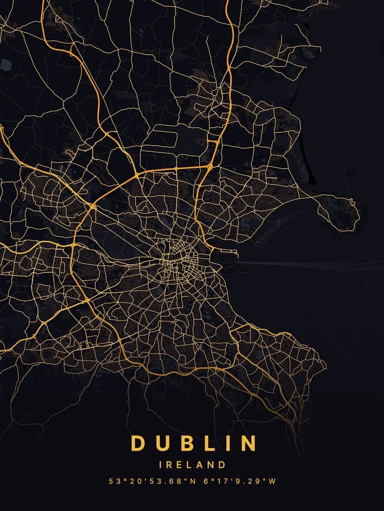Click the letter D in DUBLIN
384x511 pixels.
point(138,443)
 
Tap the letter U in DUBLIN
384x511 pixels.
point(163,443)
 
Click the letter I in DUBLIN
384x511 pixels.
point(228,443)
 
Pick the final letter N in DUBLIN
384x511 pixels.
point(248,443)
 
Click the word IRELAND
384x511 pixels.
point(192,465)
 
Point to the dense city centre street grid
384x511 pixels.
point(174,261)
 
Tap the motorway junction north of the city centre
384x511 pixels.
point(209,166)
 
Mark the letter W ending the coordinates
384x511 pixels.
point(272,481)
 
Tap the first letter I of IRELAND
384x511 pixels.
point(161,465)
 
